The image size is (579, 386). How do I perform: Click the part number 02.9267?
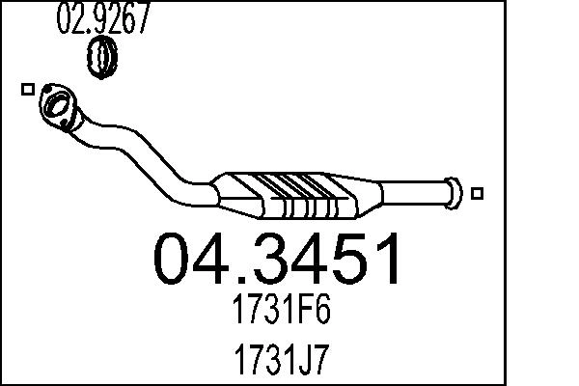tap(104, 20)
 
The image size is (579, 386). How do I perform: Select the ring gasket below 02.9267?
tap(102, 58)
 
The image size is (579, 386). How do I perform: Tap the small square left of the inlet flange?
tap(26, 89)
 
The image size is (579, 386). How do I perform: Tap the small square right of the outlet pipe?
tap(478, 192)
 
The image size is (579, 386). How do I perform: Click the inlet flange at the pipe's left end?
tap(58, 106)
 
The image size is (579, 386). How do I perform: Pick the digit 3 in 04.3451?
tap(280, 260)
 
